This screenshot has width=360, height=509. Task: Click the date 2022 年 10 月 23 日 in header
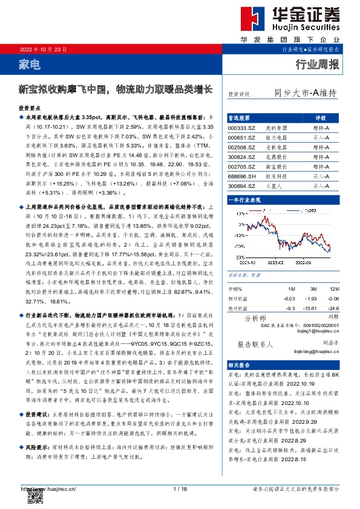click(44, 48)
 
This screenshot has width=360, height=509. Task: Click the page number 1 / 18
click(180, 488)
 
